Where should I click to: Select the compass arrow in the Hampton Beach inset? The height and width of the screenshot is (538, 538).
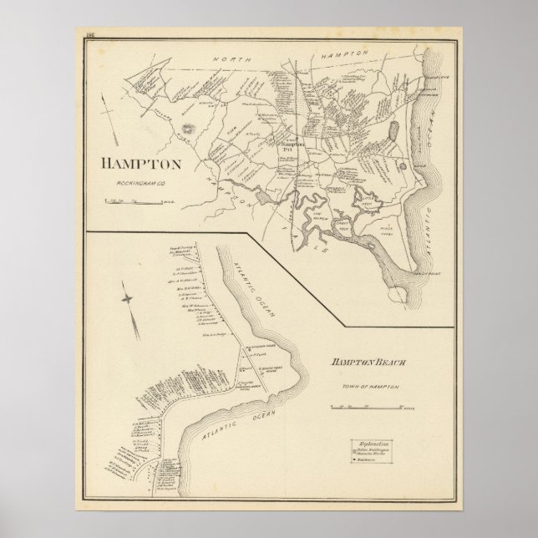[x=127, y=302]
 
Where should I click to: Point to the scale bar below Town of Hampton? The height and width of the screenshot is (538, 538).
[x=368, y=407]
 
